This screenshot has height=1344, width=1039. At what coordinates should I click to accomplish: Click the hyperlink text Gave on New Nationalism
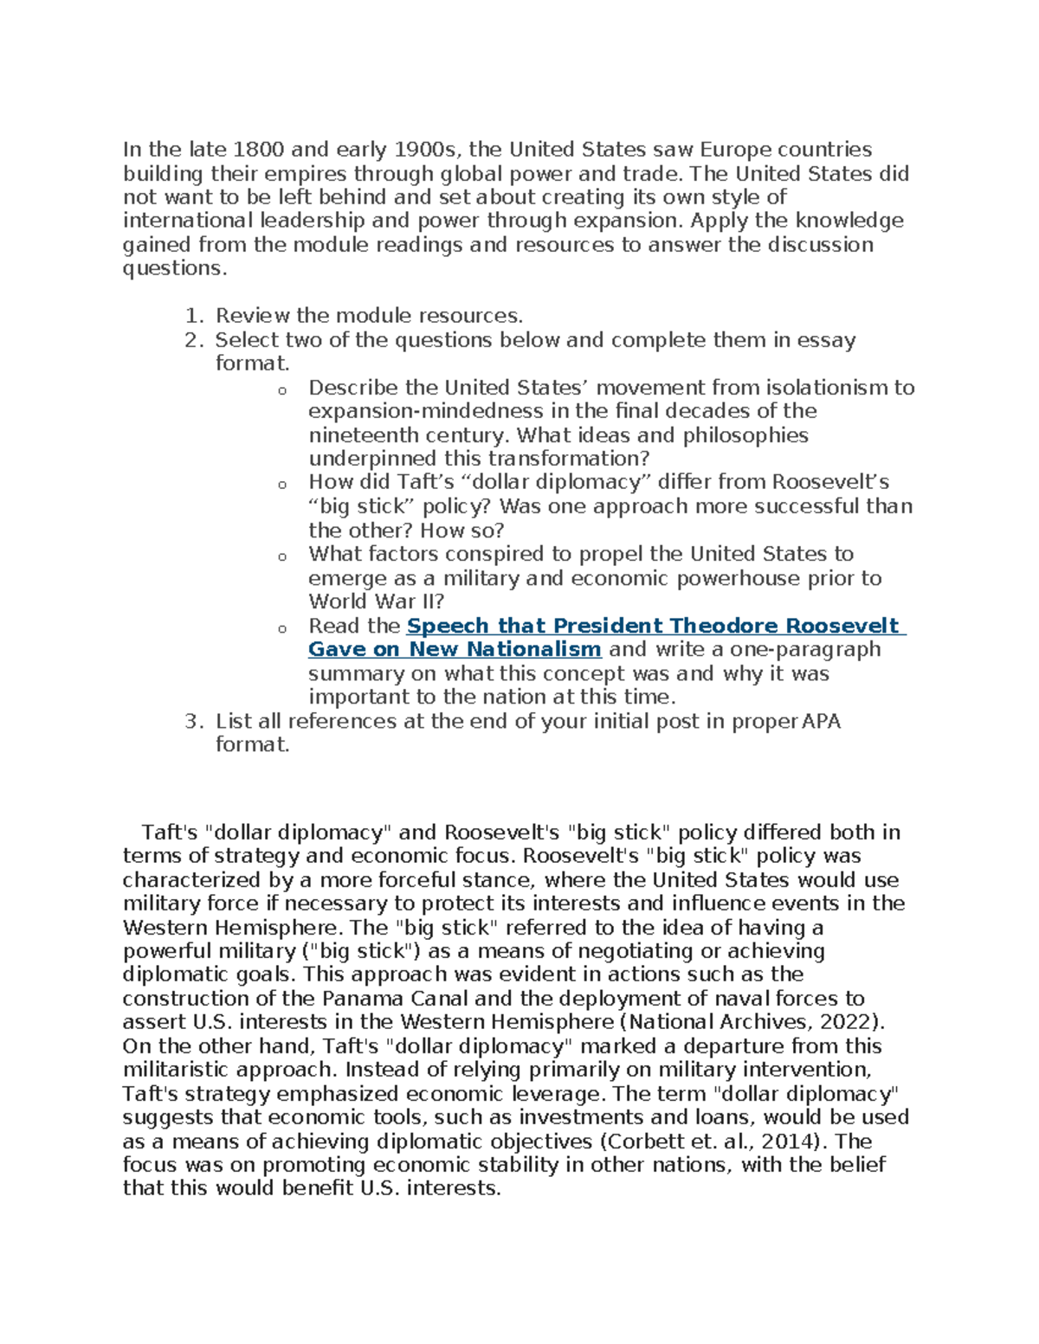tap(455, 650)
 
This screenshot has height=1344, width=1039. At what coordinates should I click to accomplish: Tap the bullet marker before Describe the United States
tap(281, 391)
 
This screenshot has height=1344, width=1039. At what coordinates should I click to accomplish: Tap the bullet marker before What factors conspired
tap(281, 557)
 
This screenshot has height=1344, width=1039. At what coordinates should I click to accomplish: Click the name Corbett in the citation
tap(641, 1141)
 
